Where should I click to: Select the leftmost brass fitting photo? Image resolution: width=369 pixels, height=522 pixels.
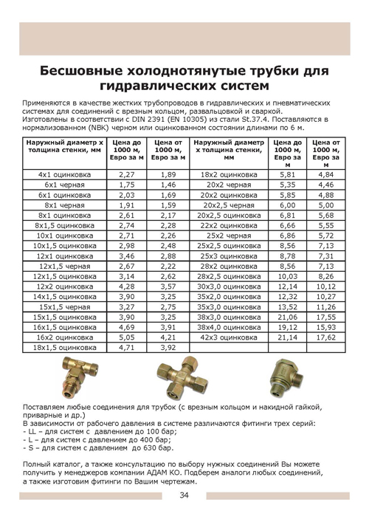point(82,380)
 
